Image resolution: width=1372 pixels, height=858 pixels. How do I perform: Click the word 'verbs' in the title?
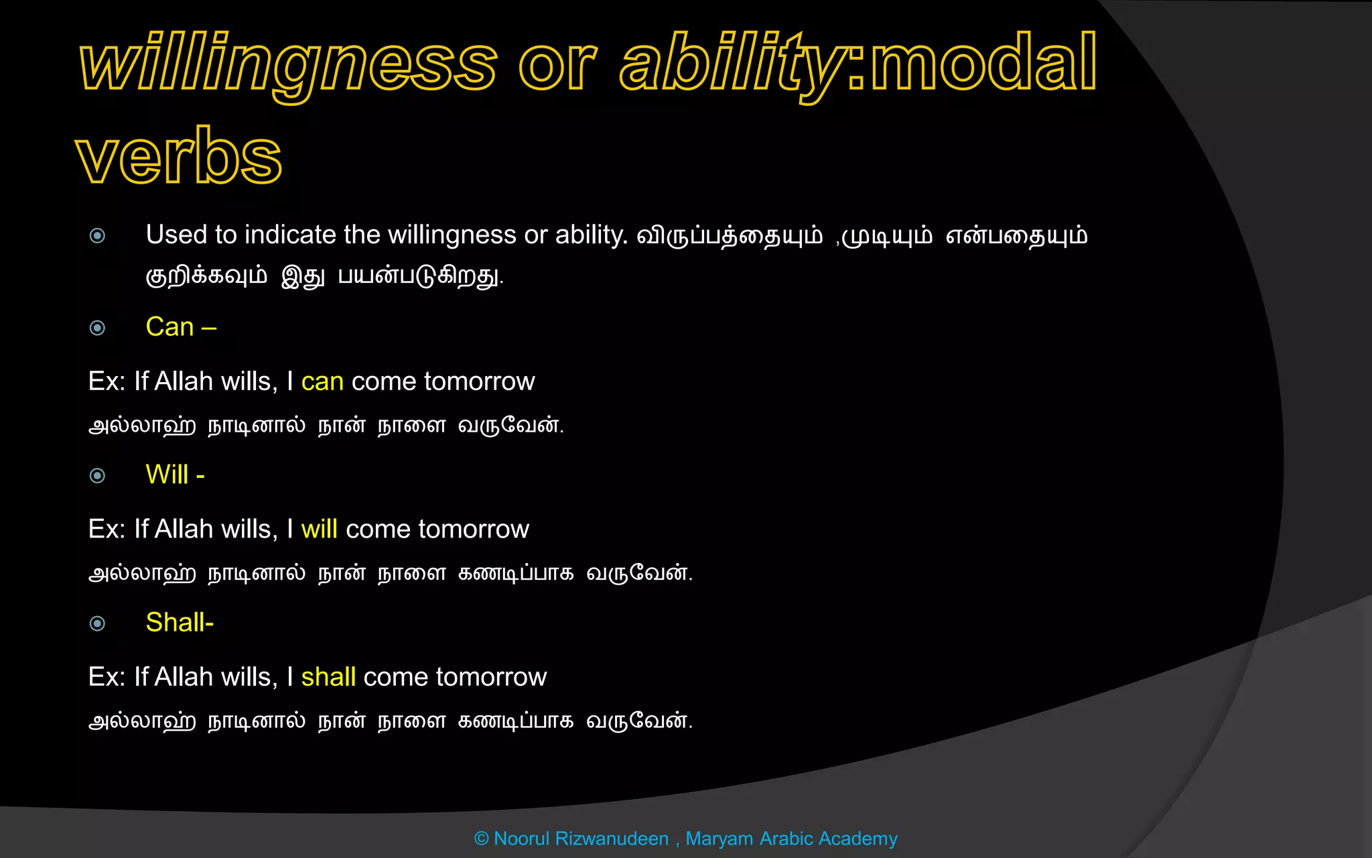coord(178,156)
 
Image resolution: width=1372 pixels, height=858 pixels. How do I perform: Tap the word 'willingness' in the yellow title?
coord(288,64)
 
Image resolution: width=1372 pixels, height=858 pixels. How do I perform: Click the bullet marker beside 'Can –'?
coord(97,328)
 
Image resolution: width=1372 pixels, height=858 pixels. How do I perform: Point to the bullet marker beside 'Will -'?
coord(97,476)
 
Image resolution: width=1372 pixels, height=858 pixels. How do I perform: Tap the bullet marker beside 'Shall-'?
coord(97,624)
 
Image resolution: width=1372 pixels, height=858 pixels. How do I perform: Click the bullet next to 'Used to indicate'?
coord(97,235)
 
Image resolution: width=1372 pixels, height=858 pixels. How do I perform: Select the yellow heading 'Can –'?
coord(180,327)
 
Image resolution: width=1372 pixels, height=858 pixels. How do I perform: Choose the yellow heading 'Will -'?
coord(175,475)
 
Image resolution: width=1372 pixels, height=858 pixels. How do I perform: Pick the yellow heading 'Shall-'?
coord(180,623)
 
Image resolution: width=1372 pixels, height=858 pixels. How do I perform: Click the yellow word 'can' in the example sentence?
coord(322,381)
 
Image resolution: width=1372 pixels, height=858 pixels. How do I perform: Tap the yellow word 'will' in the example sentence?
coord(319,530)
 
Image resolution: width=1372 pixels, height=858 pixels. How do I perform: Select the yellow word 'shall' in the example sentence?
coord(328,677)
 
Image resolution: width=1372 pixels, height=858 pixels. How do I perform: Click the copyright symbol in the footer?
coord(481,839)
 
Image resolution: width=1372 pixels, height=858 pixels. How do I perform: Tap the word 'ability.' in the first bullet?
coord(591,235)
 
